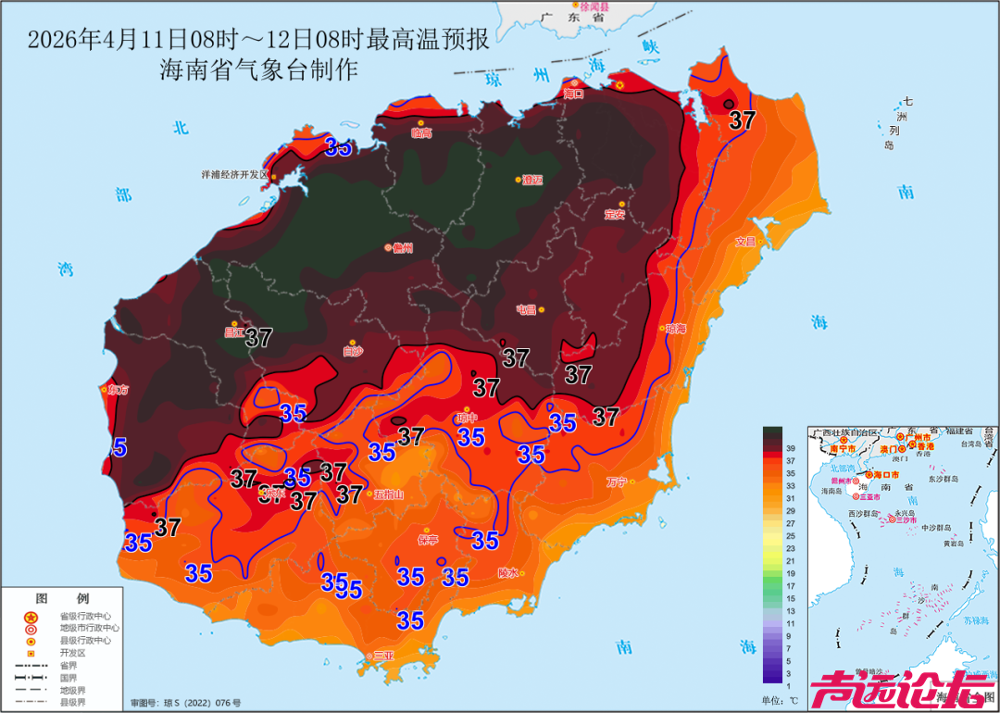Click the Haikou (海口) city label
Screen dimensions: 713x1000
tap(574, 94)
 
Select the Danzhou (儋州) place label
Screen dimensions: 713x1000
tap(402, 248)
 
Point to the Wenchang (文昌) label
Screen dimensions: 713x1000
tap(745, 242)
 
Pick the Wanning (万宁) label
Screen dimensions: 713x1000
tap(617, 482)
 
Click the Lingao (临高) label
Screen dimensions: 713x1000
tap(421, 133)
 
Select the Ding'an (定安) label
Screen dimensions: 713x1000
tap(615, 214)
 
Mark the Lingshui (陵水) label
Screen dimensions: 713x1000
tap(508, 572)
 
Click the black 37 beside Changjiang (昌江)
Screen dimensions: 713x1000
tap(258, 338)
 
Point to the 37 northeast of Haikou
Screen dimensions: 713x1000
tap(742, 119)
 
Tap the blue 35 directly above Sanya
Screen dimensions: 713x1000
tap(410, 619)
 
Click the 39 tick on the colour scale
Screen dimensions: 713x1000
tap(790, 447)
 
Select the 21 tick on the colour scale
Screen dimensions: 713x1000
tap(790, 561)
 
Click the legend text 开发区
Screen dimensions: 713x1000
tap(73, 652)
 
